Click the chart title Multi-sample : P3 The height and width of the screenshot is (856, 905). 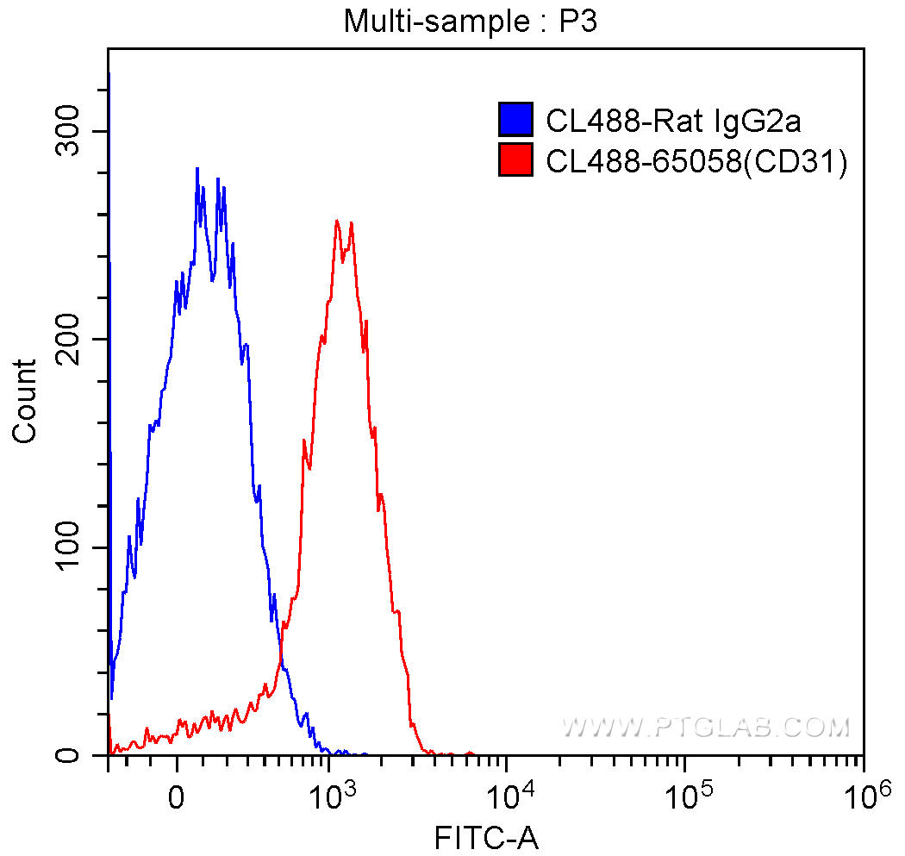pyautogui.click(x=471, y=21)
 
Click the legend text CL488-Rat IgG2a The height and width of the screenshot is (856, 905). pyautogui.click(x=673, y=121)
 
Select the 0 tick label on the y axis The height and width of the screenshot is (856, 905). pyautogui.click(x=86, y=756)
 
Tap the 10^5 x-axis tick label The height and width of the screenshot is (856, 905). pyautogui.click(x=685, y=797)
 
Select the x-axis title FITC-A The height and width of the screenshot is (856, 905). pyautogui.click(x=487, y=837)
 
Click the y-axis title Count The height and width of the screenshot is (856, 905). pyautogui.click(x=26, y=402)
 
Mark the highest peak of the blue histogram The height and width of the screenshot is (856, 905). pyautogui.click(x=197, y=169)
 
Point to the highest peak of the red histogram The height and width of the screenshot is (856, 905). pyautogui.click(x=336, y=221)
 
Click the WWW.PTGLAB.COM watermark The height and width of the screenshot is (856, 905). pyautogui.click(x=706, y=728)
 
